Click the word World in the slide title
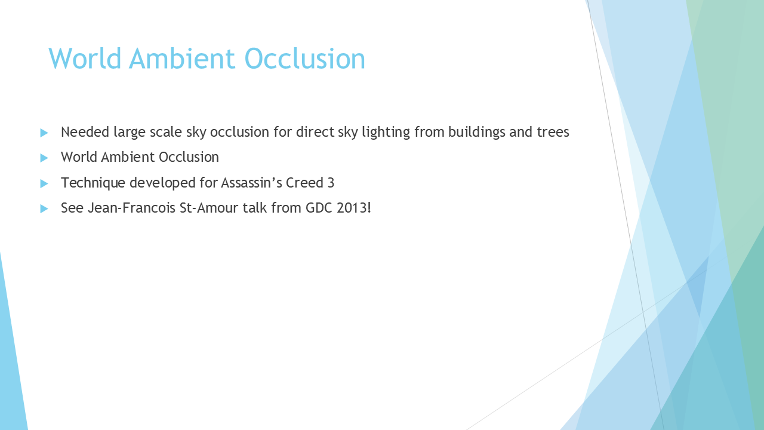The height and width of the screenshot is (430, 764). (85, 59)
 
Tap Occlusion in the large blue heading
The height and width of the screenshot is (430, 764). (305, 59)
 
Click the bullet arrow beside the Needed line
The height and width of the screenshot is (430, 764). (44, 133)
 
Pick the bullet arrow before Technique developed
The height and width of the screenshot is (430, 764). (44, 183)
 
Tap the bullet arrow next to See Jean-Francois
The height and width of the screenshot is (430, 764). (44, 208)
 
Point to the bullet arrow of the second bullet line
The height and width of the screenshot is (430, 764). (44, 158)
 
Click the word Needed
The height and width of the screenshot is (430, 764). (85, 132)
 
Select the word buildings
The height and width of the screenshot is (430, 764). (476, 133)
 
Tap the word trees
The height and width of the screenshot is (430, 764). (553, 133)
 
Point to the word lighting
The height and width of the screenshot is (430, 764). (386, 133)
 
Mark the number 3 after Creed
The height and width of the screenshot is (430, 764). (331, 183)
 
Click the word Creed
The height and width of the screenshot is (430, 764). (304, 183)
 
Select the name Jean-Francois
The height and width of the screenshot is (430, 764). (132, 208)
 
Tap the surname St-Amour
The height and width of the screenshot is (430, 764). (209, 208)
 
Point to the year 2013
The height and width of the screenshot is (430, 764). (352, 208)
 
